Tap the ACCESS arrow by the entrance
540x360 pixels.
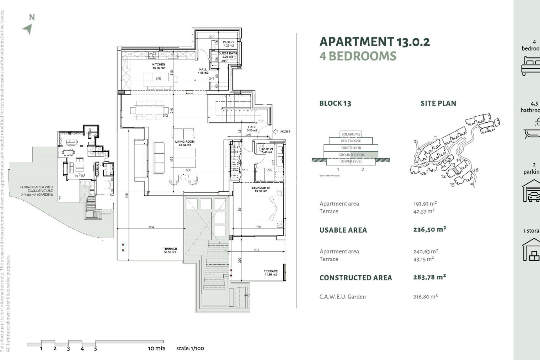coord(276,131)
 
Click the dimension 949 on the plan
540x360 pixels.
coord(127,195)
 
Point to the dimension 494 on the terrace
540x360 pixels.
coord(151,227)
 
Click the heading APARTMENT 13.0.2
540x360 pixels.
coord(374,42)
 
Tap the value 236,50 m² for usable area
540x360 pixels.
coord(429,229)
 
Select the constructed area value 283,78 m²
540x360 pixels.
coord(429,277)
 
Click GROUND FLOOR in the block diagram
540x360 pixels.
coord(351,155)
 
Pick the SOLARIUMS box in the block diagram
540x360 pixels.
coord(351,134)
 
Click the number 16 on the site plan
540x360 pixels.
coord(476,170)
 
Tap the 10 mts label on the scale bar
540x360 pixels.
coord(157,348)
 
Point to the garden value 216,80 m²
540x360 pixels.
coord(425,296)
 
